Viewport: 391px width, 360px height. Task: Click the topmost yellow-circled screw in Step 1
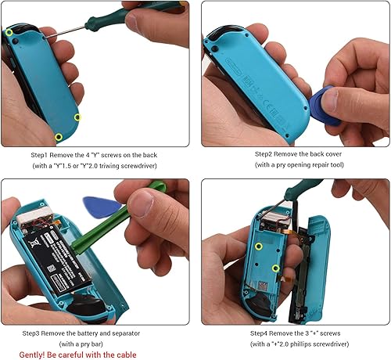[9, 33]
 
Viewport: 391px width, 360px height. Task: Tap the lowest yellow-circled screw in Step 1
[77, 117]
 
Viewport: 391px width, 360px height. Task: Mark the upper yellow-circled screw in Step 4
[258, 247]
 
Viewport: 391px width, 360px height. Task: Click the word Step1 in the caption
[42, 155]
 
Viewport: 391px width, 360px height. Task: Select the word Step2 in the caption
[238, 155]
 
